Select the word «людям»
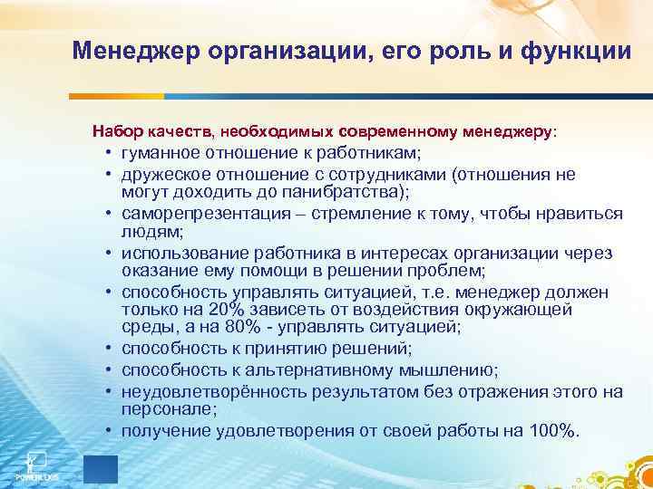[144, 231]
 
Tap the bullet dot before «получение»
[108, 429]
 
